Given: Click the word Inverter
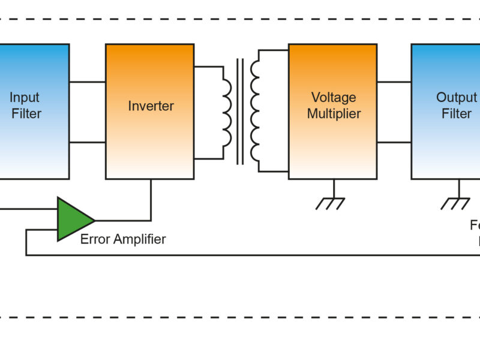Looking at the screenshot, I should (x=151, y=106).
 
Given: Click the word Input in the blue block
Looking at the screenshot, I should (x=25, y=97).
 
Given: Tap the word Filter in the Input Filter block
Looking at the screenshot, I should (x=26, y=113).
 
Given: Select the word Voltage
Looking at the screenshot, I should (x=334, y=97).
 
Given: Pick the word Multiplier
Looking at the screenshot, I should (x=334, y=113).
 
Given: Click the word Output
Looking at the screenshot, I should (x=456, y=97).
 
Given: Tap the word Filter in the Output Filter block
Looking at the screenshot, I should (x=457, y=113).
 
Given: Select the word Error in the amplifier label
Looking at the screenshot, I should (x=95, y=239).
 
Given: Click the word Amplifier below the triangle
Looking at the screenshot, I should (x=139, y=239).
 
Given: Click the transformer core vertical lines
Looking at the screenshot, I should (x=240, y=111).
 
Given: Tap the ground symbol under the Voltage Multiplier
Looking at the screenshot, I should (x=331, y=202).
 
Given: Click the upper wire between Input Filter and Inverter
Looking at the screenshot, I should (x=87, y=82).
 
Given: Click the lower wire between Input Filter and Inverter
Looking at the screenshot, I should (x=87, y=142).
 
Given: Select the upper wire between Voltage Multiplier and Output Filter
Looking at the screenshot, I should (x=394, y=82).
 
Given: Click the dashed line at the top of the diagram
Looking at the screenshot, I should (x=240, y=19).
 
